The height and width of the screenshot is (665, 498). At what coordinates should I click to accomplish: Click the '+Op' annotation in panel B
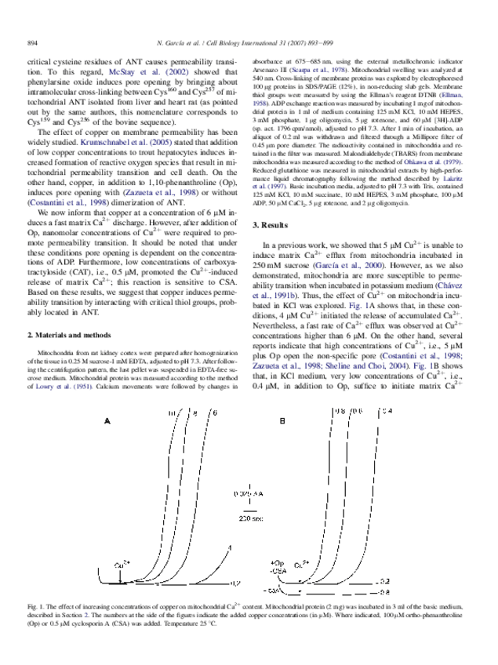276,562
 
